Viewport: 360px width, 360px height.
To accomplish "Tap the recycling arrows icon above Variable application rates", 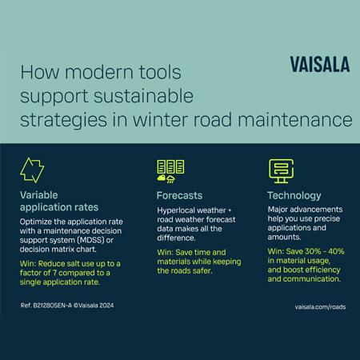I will click(x=31, y=170).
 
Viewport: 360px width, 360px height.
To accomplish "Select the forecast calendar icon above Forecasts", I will click(x=171, y=170).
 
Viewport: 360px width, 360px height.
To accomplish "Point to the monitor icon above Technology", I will click(x=278, y=170).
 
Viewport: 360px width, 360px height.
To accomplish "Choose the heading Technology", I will click(x=294, y=195).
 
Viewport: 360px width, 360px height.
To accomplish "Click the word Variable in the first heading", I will click(x=40, y=195).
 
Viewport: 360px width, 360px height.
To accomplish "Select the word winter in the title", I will click(x=166, y=123).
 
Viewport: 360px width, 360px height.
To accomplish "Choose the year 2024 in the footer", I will click(x=117, y=305).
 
